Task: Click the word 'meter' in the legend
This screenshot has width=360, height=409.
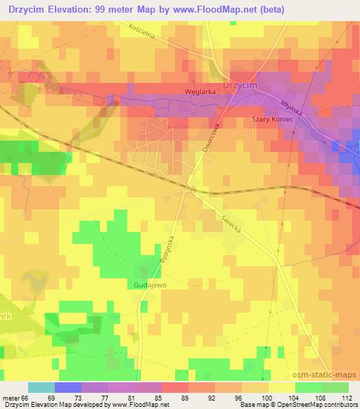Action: click(11, 398)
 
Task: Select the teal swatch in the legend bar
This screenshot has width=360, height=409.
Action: click(41, 388)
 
